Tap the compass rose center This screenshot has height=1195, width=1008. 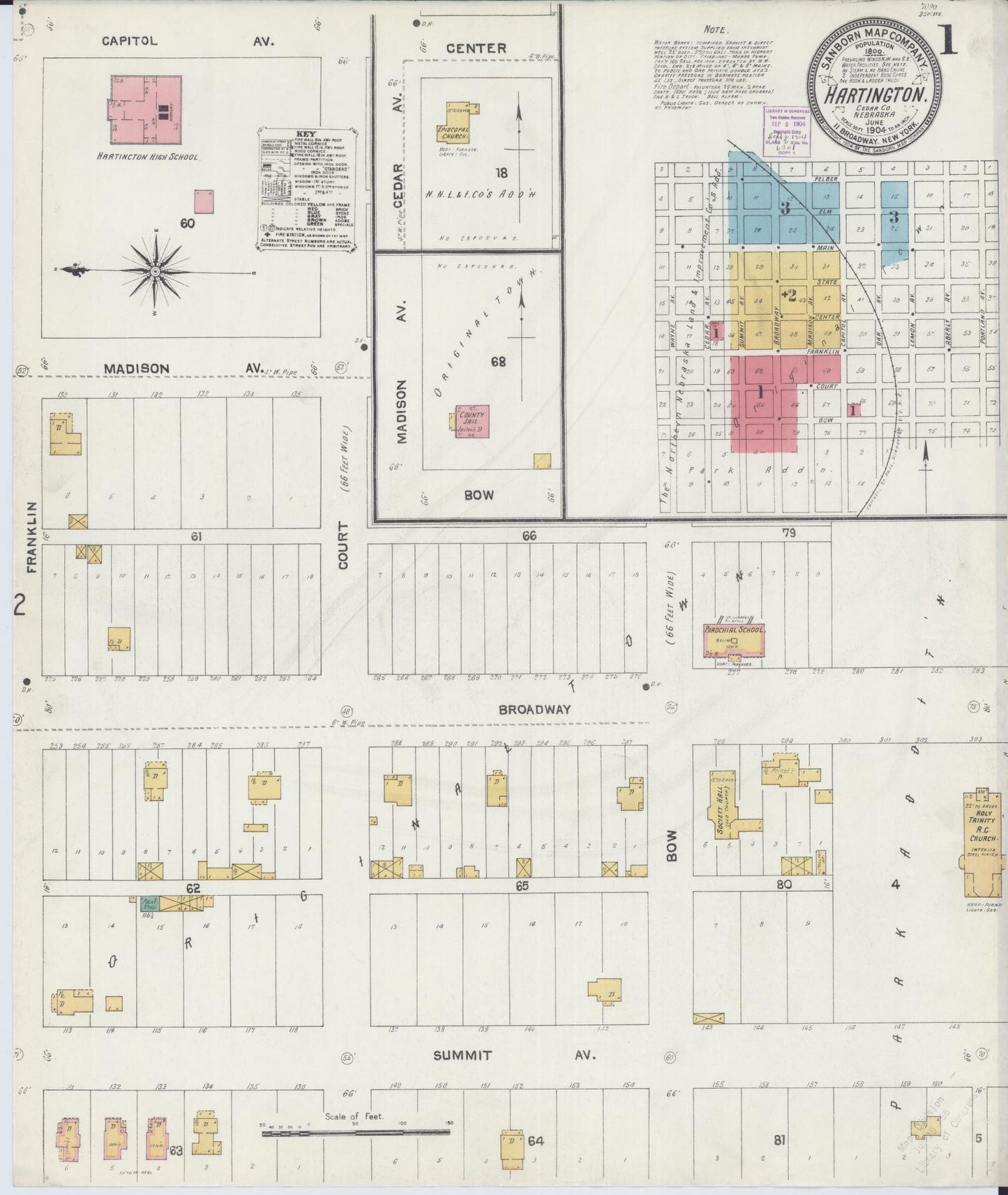[155, 271]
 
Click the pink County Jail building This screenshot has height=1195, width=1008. [472, 421]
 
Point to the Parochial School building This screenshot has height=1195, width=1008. [734, 641]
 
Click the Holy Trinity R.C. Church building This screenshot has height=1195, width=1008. [980, 844]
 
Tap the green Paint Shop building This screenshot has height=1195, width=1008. [149, 901]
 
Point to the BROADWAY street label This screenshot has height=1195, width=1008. [535, 709]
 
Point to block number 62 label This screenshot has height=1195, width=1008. [193, 888]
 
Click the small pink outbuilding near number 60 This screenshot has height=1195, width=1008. [204, 201]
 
